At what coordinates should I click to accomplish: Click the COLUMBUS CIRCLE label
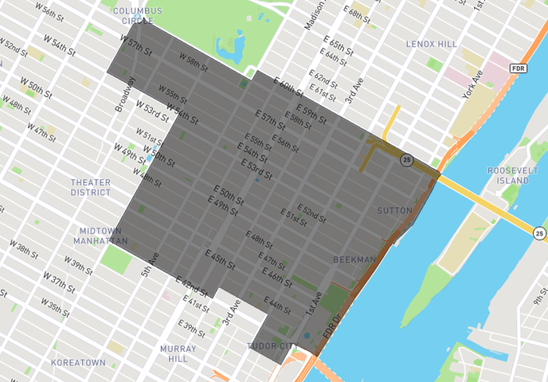tap(138, 15)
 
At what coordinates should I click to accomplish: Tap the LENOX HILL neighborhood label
tap(432, 43)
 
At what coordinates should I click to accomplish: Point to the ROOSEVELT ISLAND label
tap(507, 175)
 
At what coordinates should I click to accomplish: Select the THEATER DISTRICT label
tap(90, 187)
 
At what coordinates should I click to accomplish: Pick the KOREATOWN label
tap(78, 362)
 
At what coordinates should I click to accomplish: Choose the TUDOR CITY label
tap(271, 346)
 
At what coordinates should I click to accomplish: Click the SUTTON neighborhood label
tap(395, 210)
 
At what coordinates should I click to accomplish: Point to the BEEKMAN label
tap(354, 259)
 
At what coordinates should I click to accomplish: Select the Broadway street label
tap(125, 93)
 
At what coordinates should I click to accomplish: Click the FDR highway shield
tap(519, 69)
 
